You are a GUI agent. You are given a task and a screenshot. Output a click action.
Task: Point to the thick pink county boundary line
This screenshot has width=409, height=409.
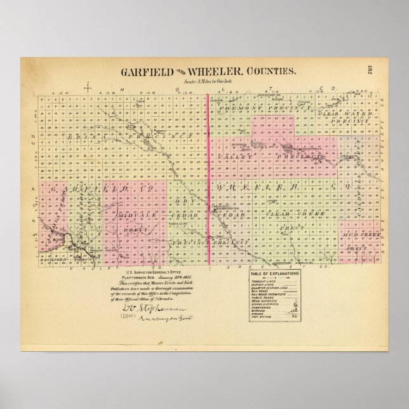click(x=209, y=178)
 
